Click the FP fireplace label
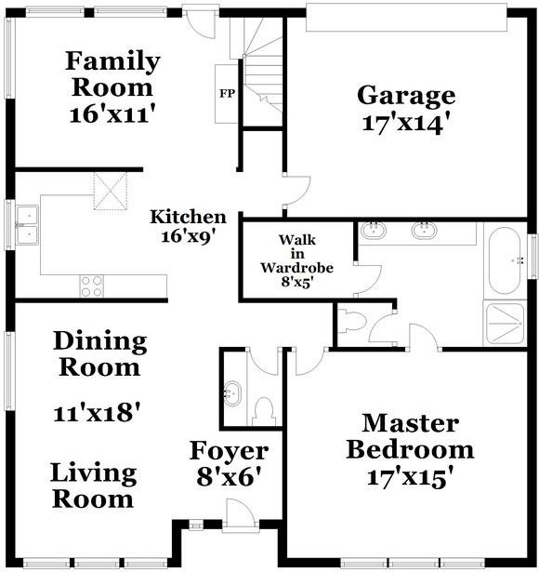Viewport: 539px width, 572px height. pos(227,94)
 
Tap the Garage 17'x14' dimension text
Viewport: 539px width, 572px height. pos(402,124)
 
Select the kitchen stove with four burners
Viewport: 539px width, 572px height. pos(92,286)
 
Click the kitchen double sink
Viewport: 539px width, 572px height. pos(27,225)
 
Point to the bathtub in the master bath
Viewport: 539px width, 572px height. pos(506,260)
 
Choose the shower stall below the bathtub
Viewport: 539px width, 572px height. pos(506,324)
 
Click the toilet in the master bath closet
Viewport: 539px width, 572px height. pos(351,321)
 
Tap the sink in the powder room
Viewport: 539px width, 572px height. pos(231,393)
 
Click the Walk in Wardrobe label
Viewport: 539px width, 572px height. pos(296,260)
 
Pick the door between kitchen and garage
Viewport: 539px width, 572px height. pos(297,193)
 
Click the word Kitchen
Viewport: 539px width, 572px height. pos(188,217)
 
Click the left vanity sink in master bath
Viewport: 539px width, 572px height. pos(374,231)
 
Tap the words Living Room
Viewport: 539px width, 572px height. pos(93,486)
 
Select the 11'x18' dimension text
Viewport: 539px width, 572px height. pos(97,413)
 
